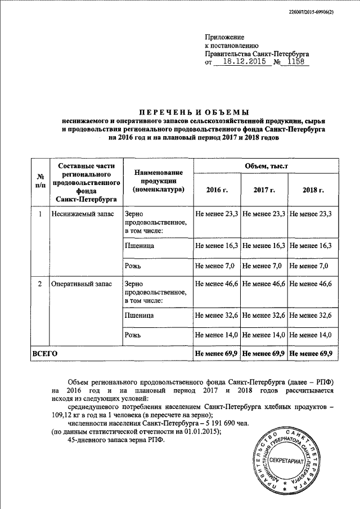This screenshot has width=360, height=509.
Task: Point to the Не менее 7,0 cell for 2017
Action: [x=263, y=265]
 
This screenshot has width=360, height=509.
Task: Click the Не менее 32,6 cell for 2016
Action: [x=217, y=316]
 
